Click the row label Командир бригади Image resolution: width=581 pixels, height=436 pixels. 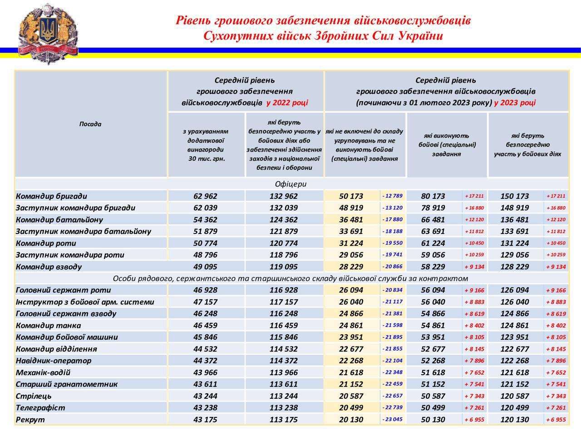coord(51,196)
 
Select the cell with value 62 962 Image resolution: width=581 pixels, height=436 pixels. coord(205,196)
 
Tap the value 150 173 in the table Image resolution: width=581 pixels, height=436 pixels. coord(514,196)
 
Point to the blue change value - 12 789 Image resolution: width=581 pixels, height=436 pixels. coord(392,196)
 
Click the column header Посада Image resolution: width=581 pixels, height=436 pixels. coord(90,124)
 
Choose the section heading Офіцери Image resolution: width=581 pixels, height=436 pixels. coord(290,184)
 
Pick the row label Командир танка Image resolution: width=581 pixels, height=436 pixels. coord(48,325)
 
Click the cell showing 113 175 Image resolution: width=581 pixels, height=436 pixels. coord(283,419)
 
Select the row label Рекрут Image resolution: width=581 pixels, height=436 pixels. coord(30,419)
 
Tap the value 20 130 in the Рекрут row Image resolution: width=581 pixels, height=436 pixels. coord(351,419)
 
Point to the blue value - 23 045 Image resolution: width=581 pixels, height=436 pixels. coord(392,419)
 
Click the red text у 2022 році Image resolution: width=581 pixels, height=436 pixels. coord(287,102)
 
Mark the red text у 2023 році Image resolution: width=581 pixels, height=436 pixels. coord(515,102)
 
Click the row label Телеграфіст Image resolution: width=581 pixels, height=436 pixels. coord(40,407)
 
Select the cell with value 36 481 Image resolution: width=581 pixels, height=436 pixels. coord(351,220)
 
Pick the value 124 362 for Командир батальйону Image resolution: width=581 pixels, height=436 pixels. coord(283,220)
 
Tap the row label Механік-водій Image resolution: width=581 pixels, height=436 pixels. coord(43,372)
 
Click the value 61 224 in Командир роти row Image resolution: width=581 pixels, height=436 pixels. coord(433,243)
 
